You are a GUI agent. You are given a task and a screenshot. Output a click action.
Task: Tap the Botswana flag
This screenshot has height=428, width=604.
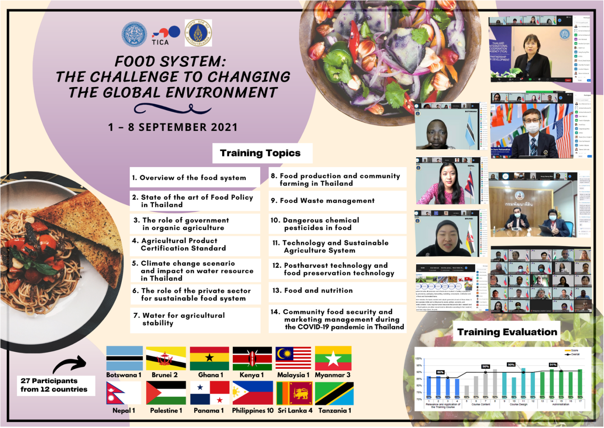point(124,358)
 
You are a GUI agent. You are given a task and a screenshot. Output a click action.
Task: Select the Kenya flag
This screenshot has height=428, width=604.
point(252,358)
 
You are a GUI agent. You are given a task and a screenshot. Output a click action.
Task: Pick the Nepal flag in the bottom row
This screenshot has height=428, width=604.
point(123,393)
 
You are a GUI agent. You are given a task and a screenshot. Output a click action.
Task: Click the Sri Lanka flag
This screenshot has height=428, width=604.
point(295,393)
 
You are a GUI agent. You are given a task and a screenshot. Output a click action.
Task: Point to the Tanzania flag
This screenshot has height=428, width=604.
point(334,393)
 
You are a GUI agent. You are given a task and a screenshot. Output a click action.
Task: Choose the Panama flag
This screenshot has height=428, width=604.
point(210,393)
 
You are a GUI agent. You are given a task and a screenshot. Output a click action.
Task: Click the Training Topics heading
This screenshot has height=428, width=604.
point(260,153)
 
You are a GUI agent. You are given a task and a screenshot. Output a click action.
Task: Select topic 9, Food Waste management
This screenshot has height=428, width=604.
point(327,201)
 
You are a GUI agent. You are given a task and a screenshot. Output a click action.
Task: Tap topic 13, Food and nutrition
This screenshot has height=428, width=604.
point(318,291)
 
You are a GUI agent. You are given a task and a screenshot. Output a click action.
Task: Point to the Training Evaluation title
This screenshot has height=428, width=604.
point(507,332)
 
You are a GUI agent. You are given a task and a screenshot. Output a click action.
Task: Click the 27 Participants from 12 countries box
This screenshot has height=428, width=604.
point(54,385)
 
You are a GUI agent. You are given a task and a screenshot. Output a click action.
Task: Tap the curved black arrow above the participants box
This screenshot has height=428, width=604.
point(70,364)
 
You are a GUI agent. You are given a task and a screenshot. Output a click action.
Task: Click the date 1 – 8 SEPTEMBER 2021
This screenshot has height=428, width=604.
point(173,127)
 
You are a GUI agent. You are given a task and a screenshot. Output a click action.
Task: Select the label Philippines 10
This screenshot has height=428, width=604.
point(252,410)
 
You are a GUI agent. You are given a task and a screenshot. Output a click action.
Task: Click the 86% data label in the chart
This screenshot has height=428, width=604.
point(440,372)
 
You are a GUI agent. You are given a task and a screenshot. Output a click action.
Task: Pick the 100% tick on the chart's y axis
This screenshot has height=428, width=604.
point(418,358)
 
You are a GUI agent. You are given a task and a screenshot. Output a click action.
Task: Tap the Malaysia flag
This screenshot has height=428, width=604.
point(293,358)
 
